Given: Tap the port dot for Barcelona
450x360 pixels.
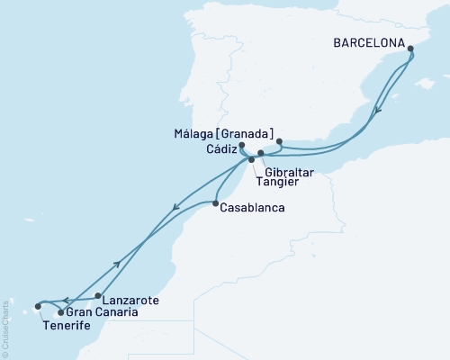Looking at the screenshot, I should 410,50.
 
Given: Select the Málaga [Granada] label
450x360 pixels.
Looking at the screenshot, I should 225,133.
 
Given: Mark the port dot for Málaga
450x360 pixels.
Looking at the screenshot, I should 280,141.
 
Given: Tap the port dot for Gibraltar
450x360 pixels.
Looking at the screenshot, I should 261,153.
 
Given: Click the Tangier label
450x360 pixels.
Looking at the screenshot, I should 274,180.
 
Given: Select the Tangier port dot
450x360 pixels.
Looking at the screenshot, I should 252,160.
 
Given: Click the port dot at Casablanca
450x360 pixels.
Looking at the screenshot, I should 215,204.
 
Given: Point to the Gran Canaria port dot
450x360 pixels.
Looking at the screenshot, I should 60,312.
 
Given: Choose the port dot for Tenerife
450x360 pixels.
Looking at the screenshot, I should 38,306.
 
